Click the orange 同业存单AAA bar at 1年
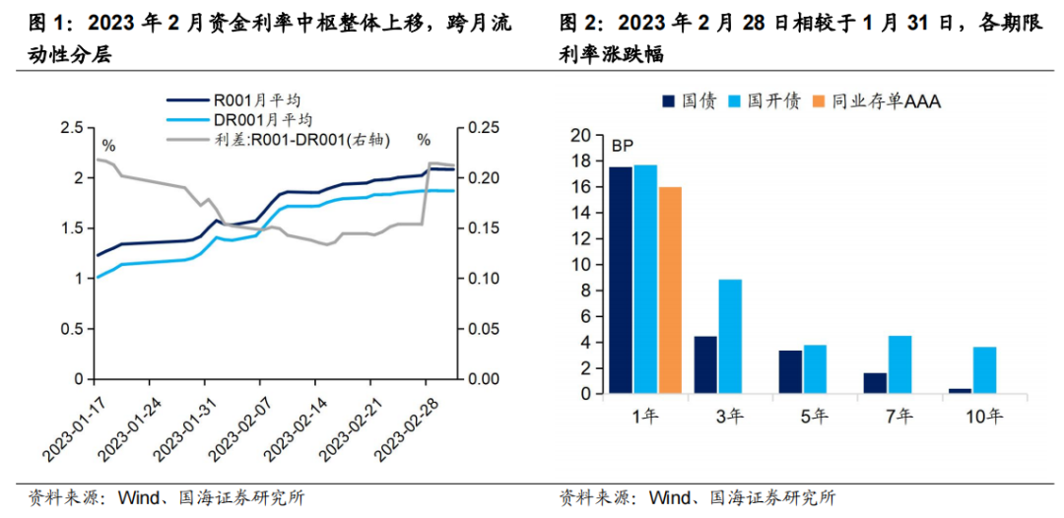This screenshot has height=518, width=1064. (670, 291)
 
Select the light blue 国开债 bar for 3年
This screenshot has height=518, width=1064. (730, 337)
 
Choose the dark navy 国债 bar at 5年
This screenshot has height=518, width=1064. (791, 372)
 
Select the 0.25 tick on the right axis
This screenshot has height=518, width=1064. (484, 128)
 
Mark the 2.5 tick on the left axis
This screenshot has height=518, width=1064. (71, 128)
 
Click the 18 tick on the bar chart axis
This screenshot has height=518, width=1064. (581, 161)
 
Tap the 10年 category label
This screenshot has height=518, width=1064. (983, 417)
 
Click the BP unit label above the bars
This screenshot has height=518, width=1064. (622, 146)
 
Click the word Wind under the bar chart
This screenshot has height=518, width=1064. (667, 497)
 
